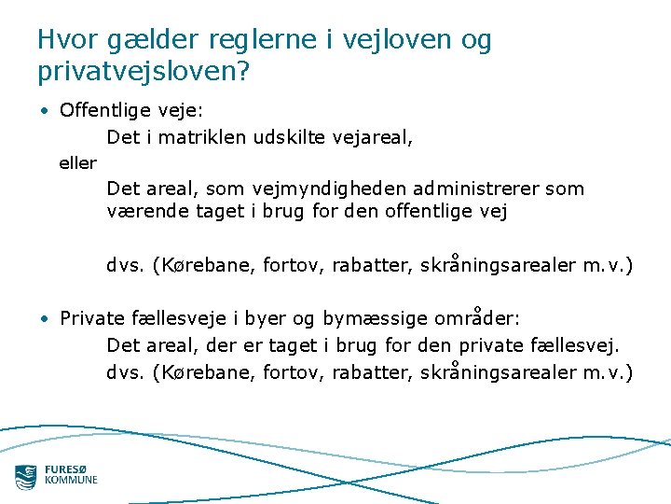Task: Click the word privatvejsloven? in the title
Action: tap(144, 71)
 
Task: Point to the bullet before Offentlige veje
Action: tap(45, 111)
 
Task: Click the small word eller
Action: tap(77, 163)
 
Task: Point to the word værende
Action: tap(148, 211)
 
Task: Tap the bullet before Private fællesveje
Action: tap(45, 319)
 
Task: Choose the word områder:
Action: tap(477, 319)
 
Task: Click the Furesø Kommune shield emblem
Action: tap(26, 476)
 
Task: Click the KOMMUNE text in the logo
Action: tap(71, 481)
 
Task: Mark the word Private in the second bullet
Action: tap(91, 319)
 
